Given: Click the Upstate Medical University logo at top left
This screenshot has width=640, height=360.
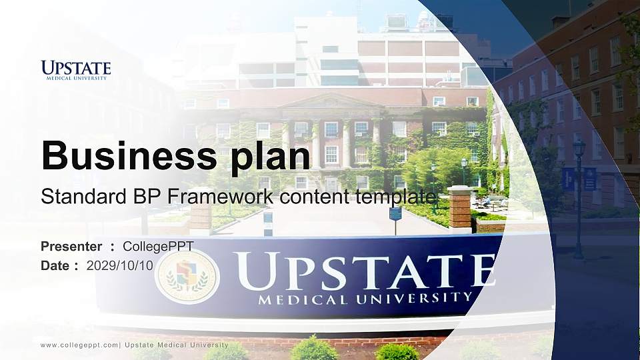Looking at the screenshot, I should pos(76,70).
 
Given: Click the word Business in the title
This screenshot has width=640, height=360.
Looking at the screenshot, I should pos(123,155).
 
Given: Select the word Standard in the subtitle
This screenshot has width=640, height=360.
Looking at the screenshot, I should pos(74,197).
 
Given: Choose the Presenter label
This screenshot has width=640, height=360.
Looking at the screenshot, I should pos(71,246).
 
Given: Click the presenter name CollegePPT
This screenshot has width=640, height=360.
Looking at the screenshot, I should pos(158,246).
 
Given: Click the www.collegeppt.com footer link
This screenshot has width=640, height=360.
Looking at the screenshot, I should pos(79,345).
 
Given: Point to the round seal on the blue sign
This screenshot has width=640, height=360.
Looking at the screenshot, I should pos(187,276).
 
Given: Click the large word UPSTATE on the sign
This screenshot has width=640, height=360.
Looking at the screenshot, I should pos(364,271).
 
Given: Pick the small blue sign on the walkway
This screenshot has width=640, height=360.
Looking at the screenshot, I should pos(395,213).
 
